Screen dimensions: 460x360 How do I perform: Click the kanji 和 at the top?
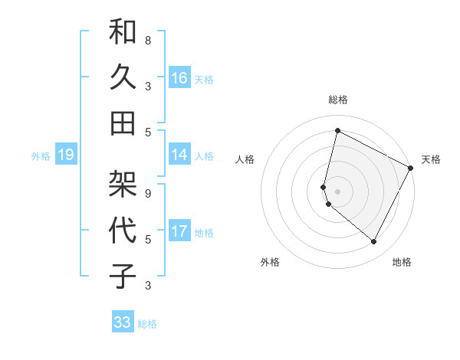coord(123,33)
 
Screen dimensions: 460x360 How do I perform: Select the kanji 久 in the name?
coord(123,77)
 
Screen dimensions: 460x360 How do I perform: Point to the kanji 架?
coord(123,184)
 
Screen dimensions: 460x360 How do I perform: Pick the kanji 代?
coord(123,229)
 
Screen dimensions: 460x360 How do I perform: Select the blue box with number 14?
coord(179,155)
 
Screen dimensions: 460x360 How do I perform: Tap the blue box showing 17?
coord(179,231)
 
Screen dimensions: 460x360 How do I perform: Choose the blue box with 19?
coord(65,155)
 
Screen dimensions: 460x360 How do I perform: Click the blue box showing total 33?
coord(122,322)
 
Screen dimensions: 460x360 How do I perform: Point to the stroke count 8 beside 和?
coord(148,40)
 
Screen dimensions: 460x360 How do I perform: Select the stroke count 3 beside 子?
coord(148,286)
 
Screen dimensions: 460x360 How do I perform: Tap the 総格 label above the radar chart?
coord(338,100)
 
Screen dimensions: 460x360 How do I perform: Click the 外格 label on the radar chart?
coord(270,262)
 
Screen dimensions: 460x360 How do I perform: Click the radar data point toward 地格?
coord(374,241)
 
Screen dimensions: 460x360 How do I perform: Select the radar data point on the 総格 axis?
coord(337,130)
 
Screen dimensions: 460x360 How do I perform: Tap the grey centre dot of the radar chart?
coord(337,191)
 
